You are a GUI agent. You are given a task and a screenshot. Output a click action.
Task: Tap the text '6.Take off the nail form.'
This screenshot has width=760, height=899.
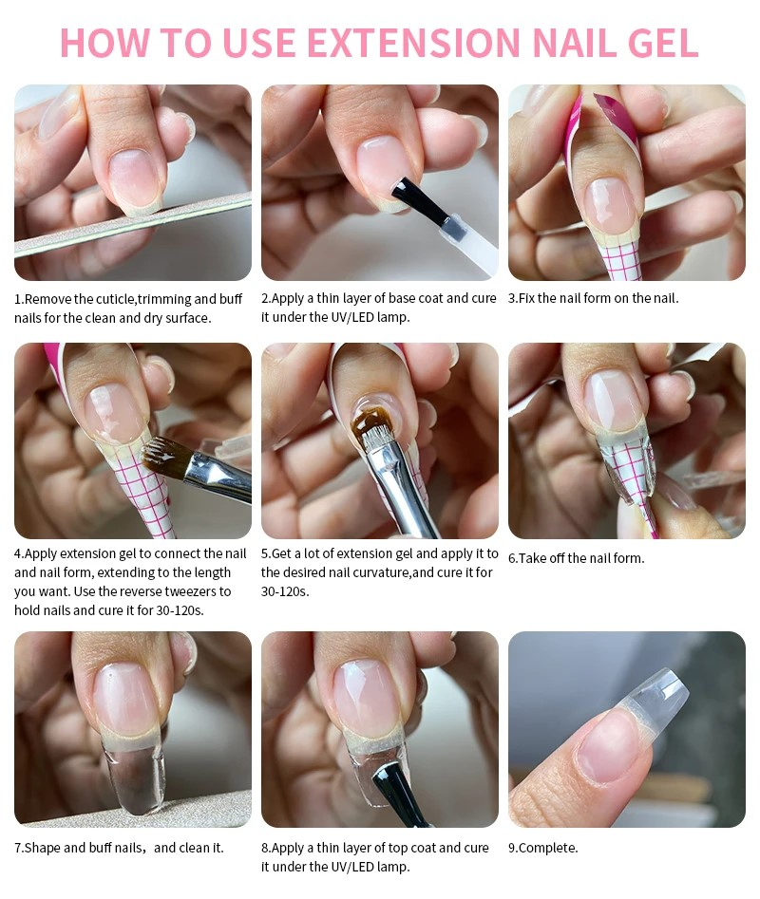point(576,558)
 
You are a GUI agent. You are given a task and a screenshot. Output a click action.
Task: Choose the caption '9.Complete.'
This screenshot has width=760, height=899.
point(542,848)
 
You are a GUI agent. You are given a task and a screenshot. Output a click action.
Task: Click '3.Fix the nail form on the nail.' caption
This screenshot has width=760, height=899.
point(593,298)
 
